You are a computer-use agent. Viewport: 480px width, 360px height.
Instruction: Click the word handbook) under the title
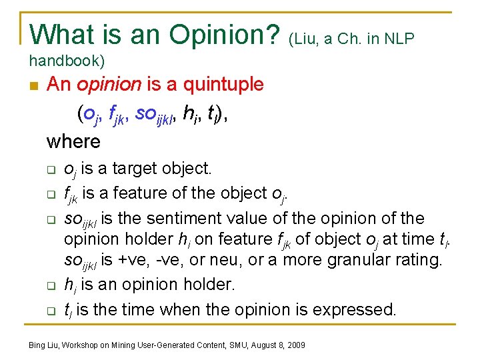67,61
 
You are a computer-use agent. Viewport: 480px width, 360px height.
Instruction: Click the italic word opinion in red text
108,85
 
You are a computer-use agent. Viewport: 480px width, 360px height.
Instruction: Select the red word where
73,141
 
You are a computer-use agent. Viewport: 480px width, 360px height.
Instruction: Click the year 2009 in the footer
295,345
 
